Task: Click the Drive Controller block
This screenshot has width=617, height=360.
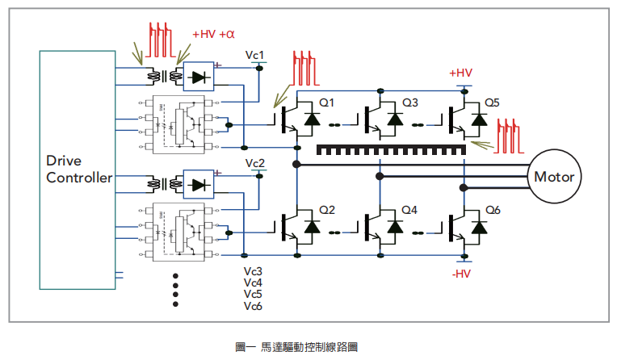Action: pyautogui.click(x=78, y=170)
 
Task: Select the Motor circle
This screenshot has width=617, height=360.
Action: pyautogui.click(x=555, y=177)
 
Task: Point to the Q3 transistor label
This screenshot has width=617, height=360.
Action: pyautogui.click(x=410, y=103)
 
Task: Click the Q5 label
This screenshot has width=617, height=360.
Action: pyautogui.click(x=492, y=103)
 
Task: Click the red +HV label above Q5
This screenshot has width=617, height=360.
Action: pyautogui.click(x=460, y=73)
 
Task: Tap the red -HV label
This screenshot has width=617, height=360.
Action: pyautogui.click(x=460, y=274)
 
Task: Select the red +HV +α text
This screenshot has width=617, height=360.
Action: pyautogui.click(x=213, y=35)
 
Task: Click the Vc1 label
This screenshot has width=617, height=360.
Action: pyautogui.click(x=255, y=55)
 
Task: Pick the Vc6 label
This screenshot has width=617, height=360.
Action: pyautogui.click(x=253, y=306)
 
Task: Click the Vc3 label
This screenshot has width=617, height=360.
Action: pyautogui.click(x=253, y=271)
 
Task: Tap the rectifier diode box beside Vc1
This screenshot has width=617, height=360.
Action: pyautogui.click(x=199, y=77)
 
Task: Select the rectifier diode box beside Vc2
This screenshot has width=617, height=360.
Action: pyautogui.click(x=199, y=185)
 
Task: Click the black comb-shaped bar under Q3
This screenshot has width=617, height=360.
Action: pyautogui.click(x=391, y=150)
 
